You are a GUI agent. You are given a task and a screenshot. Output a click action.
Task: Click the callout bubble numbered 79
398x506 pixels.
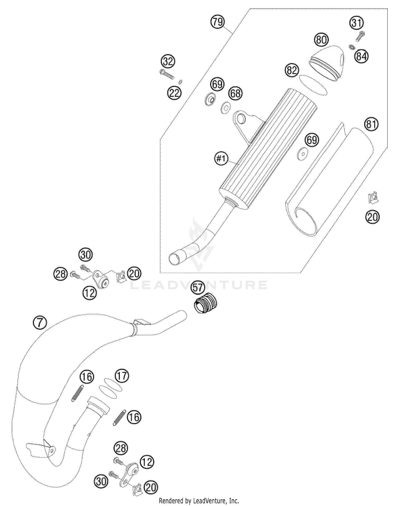(218, 22)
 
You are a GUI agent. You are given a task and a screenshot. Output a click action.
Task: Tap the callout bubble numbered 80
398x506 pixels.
(321, 40)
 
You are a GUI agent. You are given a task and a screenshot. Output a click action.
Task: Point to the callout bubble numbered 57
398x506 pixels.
(197, 288)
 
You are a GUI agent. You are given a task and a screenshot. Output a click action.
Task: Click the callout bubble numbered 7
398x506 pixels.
(40, 323)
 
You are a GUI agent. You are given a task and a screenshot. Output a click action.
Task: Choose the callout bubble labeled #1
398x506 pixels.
(221, 159)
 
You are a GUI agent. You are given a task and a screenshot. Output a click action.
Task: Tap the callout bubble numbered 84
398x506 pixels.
(362, 57)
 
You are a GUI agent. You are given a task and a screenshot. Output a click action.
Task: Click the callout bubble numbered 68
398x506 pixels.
(235, 93)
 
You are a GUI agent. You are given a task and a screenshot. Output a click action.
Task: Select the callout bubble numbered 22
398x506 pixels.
(175, 93)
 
